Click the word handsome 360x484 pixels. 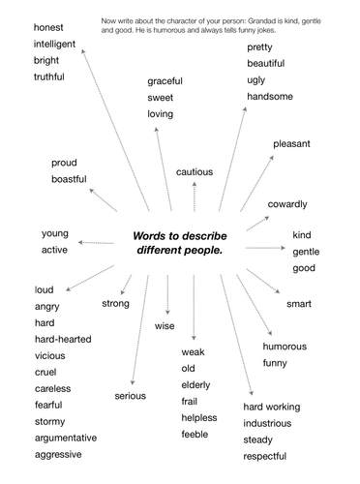270,97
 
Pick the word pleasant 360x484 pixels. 291,144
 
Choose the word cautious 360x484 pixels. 195,171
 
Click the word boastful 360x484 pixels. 69,179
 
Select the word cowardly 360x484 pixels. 287,204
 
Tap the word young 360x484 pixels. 54,233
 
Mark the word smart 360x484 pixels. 299,304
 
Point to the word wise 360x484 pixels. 165,326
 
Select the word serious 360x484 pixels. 130,395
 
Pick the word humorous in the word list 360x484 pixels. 285,347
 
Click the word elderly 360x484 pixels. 197,384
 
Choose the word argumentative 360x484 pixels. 72,438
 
